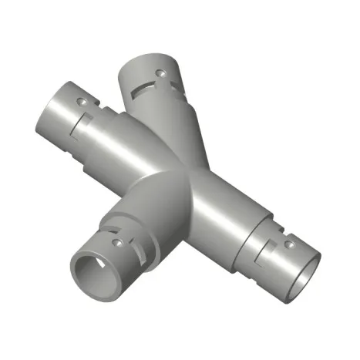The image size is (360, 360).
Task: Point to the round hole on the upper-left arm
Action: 79,101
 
